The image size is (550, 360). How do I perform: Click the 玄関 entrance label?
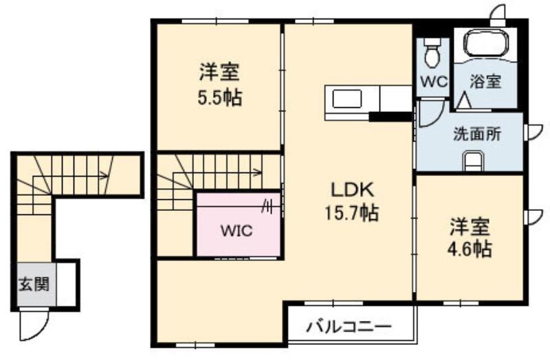click(x=34, y=284)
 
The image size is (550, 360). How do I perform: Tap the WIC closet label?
click(x=236, y=231)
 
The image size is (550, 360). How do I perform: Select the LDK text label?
click(x=353, y=190)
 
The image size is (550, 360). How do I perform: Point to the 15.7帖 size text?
click(x=352, y=213)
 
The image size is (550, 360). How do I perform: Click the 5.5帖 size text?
click(x=220, y=98)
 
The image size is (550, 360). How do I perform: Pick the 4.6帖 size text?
click(x=470, y=249)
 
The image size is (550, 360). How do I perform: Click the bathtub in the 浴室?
click(x=486, y=43)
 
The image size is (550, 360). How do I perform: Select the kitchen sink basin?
click(x=347, y=98)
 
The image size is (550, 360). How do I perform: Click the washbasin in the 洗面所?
click(x=472, y=161)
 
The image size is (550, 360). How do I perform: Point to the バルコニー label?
click(x=349, y=327)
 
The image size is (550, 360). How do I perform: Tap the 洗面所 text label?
click(x=477, y=134)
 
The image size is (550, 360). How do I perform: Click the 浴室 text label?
click(x=485, y=82)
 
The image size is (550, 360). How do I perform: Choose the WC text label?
click(x=434, y=82)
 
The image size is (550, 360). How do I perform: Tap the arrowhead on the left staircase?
click(x=105, y=176)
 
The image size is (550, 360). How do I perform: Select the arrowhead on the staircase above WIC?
click(x=258, y=172)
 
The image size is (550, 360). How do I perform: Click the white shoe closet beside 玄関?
click(x=65, y=284)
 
